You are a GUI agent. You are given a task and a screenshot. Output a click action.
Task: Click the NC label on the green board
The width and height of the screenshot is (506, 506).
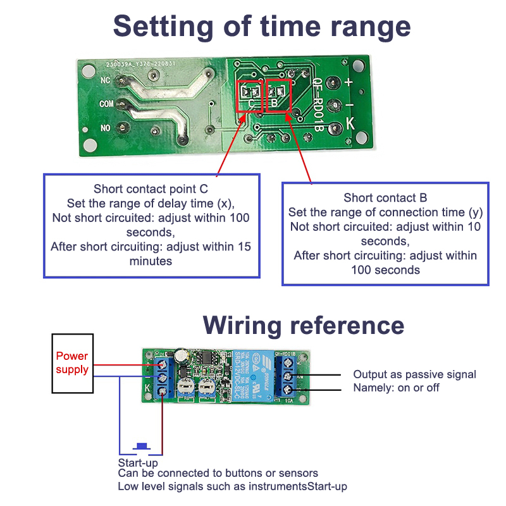(106, 80)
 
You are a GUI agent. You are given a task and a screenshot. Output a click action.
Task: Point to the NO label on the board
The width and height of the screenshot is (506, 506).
(106, 128)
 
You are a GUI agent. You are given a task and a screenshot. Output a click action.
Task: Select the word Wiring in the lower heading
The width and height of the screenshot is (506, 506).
(243, 325)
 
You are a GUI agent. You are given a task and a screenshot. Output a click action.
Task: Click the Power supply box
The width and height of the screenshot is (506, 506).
(72, 363)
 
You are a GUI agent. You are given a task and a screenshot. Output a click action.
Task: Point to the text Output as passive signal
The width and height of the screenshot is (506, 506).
(414, 374)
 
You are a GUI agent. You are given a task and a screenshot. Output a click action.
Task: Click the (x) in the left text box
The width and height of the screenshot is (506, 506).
(225, 203)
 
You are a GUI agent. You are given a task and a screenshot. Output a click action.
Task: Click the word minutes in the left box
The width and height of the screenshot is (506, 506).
(151, 260)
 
